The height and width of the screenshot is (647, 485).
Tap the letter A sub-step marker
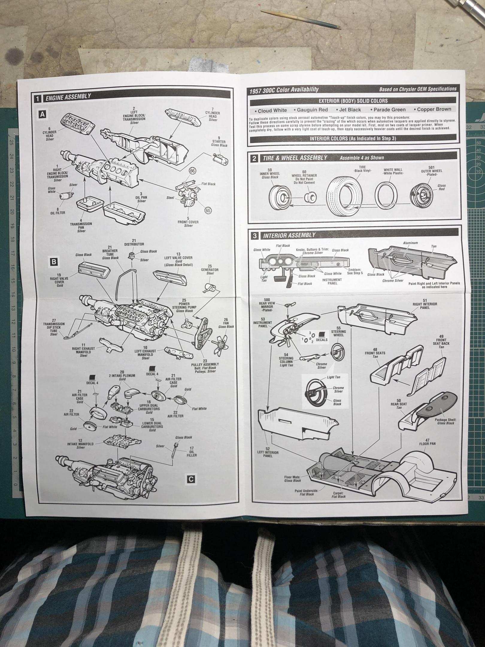43,114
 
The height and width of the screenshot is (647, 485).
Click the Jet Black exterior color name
350,110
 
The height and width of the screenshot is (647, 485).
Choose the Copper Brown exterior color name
434,109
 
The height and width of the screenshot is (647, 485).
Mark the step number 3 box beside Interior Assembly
255,235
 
